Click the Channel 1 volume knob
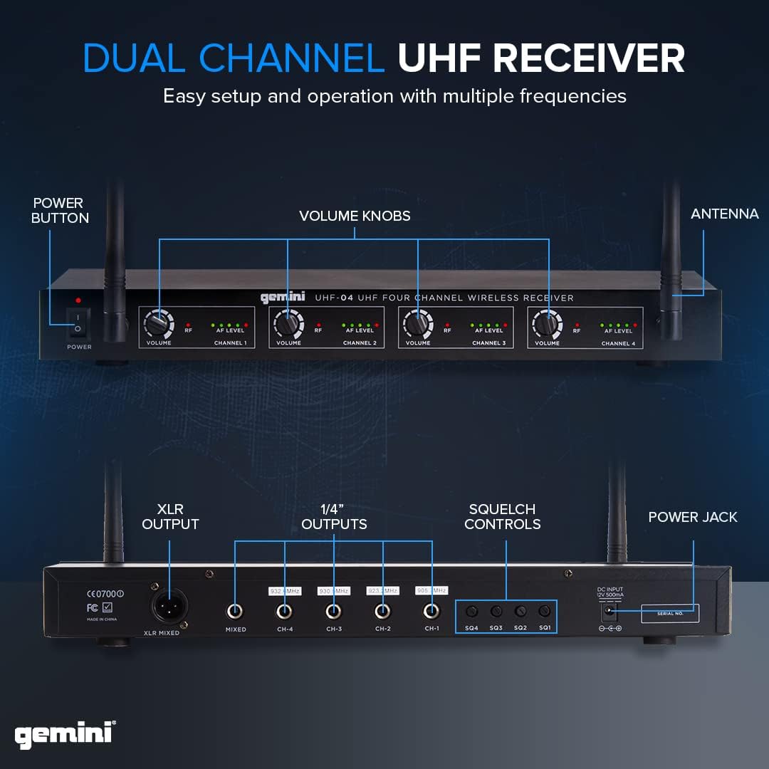pos(158,325)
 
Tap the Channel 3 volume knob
pos(417,325)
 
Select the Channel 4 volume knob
pos(547,325)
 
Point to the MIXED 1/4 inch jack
pos(235,612)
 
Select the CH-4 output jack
pos(284,612)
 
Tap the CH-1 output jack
pos(431,612)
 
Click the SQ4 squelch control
pos(471,612)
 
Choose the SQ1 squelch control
pos(545,612)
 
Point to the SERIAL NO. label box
pos(669,613)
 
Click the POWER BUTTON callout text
pos(60,211)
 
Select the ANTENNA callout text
pos(724,214)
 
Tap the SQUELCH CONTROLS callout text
pos(502,516)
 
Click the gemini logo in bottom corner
pos(65,734)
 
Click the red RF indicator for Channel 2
pos(318,325)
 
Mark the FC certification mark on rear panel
pos(92,608)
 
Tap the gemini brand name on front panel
pos(283,298)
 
